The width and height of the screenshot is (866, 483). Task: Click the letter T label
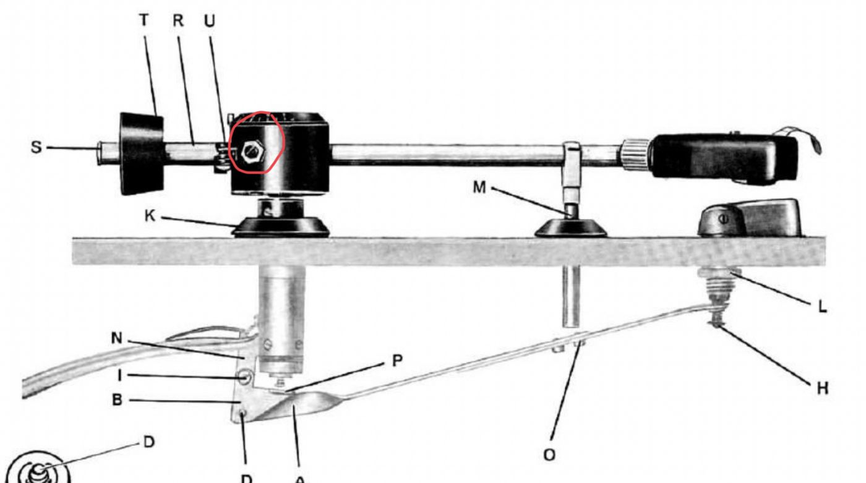[144, 20]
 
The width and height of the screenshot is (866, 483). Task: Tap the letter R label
[178, 20]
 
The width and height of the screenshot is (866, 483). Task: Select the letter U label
[210, 20]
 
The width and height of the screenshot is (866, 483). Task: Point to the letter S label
[37, 148]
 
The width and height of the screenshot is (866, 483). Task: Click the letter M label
[479, 187]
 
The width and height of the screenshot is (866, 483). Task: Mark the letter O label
[549, 455]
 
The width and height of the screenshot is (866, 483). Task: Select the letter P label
[398, 361]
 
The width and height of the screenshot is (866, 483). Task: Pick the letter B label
[118, 400]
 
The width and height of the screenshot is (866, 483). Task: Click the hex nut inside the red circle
[251, 150]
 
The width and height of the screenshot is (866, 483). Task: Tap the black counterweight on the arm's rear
[142, 153]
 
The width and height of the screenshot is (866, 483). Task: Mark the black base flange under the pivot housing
[281, 226]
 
